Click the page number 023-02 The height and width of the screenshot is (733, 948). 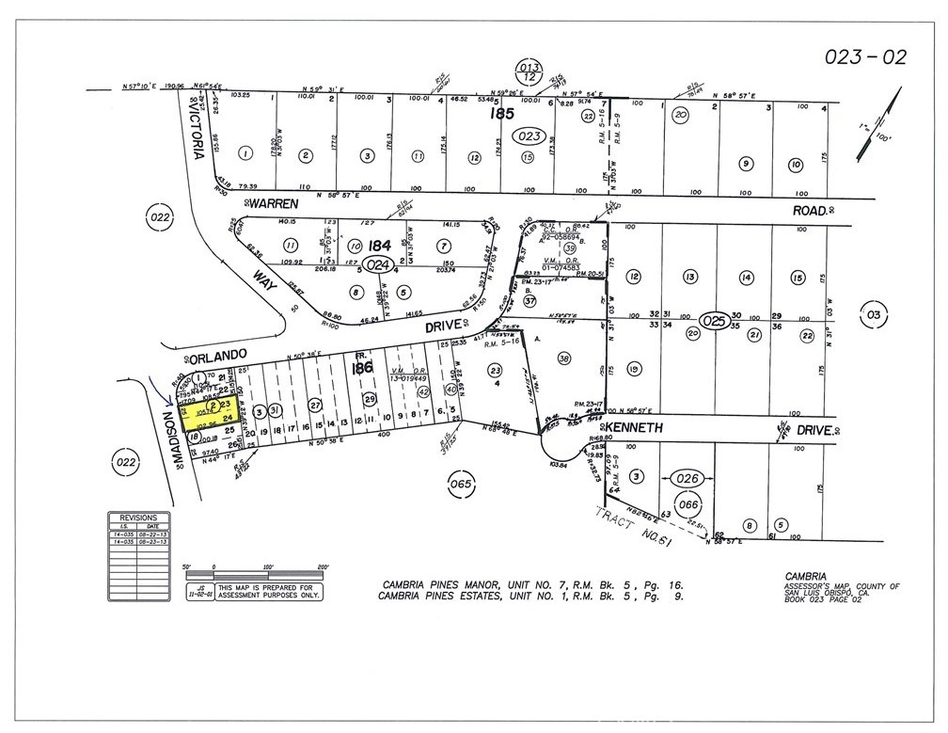coord(865,58)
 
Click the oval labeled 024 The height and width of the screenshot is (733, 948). coord(378,264)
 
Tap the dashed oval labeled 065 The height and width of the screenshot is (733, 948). coord(459,485)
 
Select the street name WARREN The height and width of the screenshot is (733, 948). coord(274,202)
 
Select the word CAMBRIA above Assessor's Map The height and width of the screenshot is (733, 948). coord(805,575)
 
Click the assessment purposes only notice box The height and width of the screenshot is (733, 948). coord(267,592)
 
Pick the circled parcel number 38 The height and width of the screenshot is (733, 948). coord(565,358)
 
